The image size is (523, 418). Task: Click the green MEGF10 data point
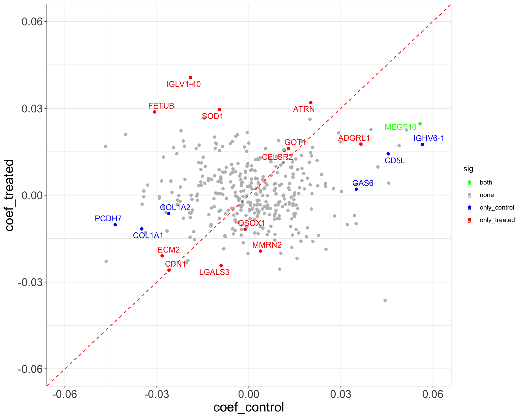coord(420,124)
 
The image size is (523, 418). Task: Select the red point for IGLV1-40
coord(190,78)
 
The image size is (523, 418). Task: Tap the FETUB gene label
coord(161,106)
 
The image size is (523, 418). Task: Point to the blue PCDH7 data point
coord(115,225)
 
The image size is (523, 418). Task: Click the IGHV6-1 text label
coord(429,138)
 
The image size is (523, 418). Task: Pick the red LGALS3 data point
coord(221,266)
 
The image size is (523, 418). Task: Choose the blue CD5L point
coord(388,154)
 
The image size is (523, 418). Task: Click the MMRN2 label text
coord(267,245)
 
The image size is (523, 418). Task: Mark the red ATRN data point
coord(311,103)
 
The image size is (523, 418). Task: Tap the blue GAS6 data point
coord(356,189)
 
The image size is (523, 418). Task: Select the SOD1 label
coord(213,116)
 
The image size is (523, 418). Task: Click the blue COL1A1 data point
coord(142,229)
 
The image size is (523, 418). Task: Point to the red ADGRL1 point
coord(361,144)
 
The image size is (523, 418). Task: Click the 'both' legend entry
coord(486,182)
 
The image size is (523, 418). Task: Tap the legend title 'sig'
coord(468,169)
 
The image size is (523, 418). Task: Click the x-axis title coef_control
coord(249,407)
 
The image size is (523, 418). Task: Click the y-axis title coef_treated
coord(10,195)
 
